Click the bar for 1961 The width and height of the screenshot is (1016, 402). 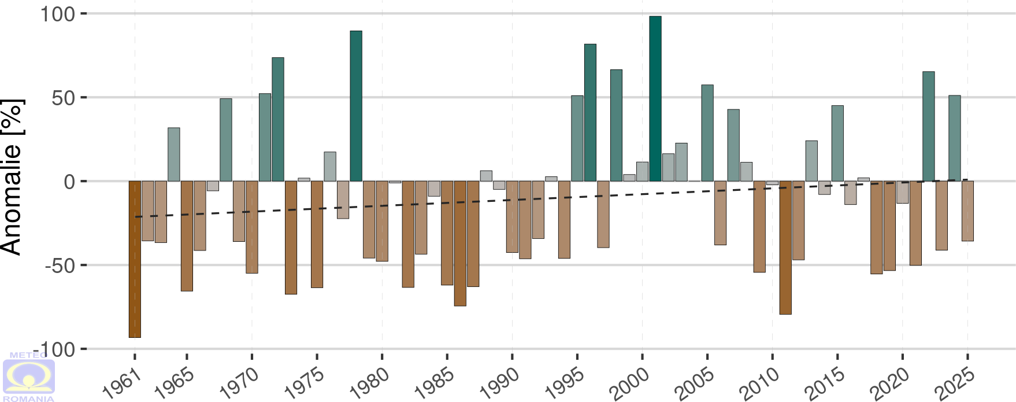point(135,259)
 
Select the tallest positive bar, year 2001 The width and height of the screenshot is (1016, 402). point(655,98)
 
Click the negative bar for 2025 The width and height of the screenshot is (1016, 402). point(967,211)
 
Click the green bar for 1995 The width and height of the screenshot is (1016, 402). point(577,138)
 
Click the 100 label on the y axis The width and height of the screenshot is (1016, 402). point(58,14)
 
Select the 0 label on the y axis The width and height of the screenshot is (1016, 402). point(69,182)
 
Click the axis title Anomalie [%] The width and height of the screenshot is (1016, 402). point(12,177)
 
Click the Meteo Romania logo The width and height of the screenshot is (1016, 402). point(29,377)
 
